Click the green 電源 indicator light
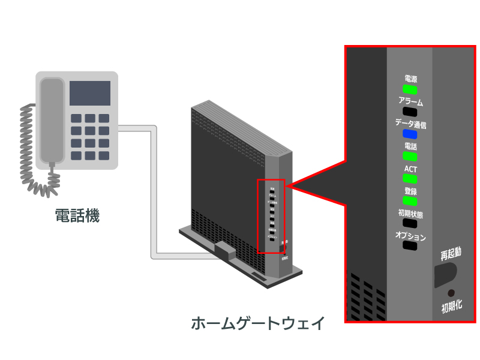click(x=410, y=89)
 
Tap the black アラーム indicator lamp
click(x=410, y=112)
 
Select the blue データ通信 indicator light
click(x=410, y=134)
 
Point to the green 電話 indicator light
click(x=410, y=156)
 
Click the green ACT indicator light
click(x=410, y=179)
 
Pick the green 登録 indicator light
click(x=410, y=201)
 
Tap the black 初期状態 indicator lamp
click(x=410, y=223)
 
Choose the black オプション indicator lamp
click(x=410, y=245)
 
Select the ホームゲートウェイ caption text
click(x=258, y=324)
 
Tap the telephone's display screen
click(x=90, y=93)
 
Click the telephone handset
click(x=51, y=120)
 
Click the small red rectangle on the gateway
click(x=271, y=216)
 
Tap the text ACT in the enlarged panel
click(x=410, y=169)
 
